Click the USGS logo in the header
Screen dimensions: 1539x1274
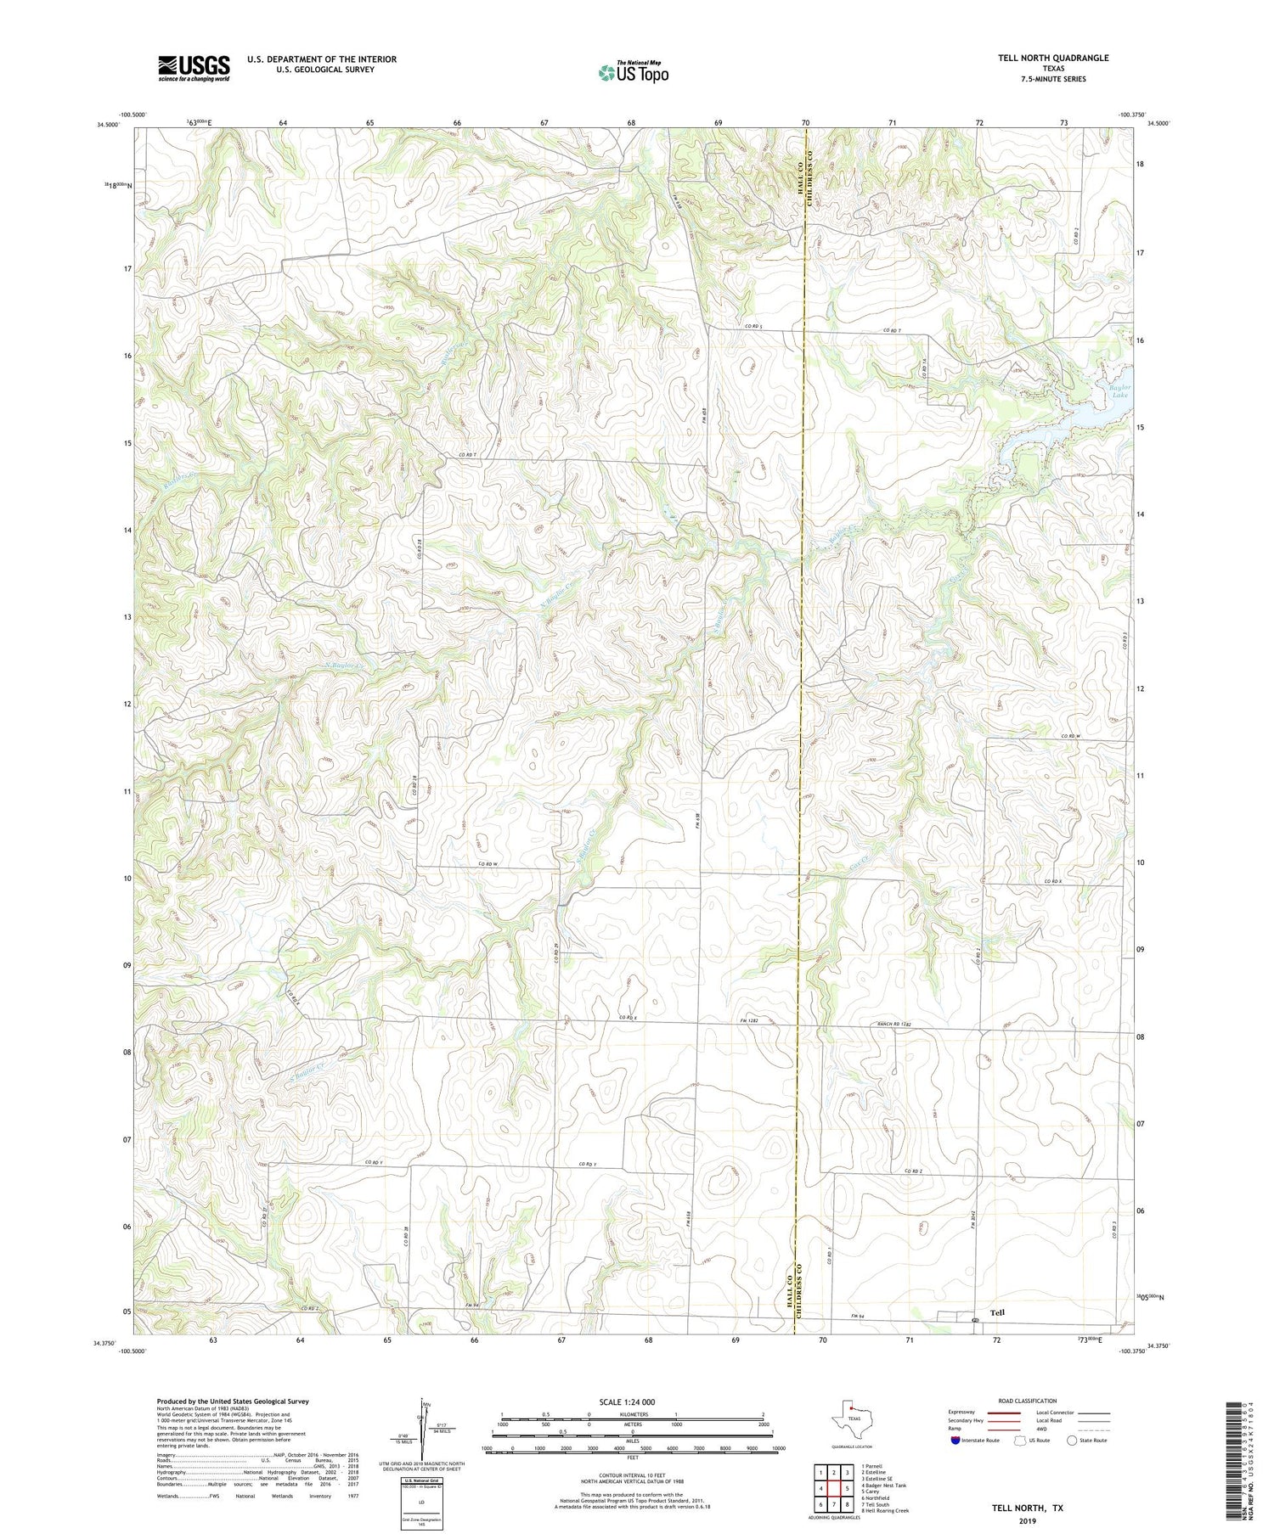pos(194,68)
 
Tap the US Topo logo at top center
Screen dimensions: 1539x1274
pos(633,73)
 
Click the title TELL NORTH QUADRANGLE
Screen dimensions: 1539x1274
pos(1053,58)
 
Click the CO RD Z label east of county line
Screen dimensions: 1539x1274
pos(913,1171)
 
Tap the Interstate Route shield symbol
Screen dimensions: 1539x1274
pos(956,1441)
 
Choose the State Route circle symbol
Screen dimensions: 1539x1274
pos(1072,1441)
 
